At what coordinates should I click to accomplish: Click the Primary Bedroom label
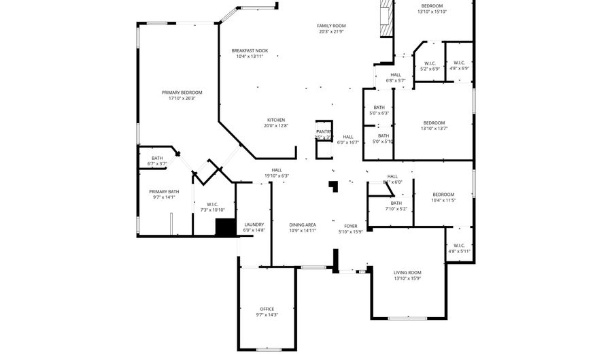click(182, 93)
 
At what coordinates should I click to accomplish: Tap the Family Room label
click(331, 26)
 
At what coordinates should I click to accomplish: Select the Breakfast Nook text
click(250, 50)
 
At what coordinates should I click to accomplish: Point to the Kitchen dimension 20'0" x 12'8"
click(275, 125)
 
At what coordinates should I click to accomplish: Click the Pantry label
click(324, 131)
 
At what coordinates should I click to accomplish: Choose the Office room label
click(267, 309)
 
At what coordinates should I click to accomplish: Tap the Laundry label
click(254, 225)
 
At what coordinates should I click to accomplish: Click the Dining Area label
click(303, 225)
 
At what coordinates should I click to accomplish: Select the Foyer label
click(350, 226)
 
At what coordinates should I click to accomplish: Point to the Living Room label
click(407, 272)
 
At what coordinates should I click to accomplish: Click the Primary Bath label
click(164, 192)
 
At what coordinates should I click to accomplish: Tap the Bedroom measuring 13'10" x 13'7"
click(434, 122)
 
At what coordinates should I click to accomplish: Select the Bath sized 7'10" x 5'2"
click(396, 203)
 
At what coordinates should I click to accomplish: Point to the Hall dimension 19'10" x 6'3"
click(277, 176)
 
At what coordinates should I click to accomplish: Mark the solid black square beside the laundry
click(224, 227)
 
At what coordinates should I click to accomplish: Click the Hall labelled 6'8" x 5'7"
click(395, 75)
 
